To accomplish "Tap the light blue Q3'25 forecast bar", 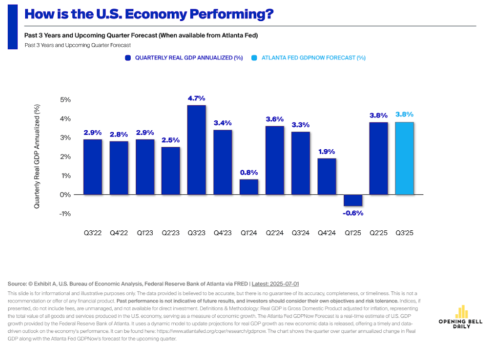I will [x=404, y=158].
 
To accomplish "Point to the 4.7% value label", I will [x=197, y=98].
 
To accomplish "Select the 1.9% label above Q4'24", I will [x=326, y=151].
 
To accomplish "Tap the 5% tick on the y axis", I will [x=66, y=100].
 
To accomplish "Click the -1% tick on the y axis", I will [x=66, y=214].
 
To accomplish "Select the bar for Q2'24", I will [x=274, y=160].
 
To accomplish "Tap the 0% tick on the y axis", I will [x=66, y=195].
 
